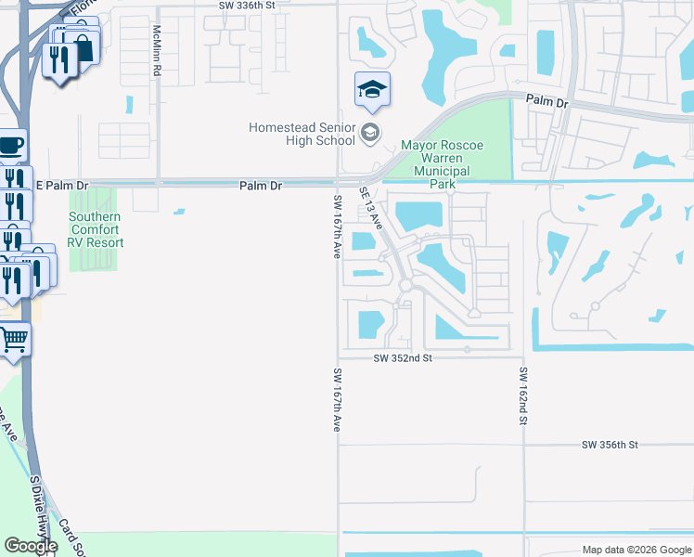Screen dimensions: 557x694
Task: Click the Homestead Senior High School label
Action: [302, 134]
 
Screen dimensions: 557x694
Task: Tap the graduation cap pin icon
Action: [372, 89]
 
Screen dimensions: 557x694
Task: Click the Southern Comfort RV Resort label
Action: [95, 229]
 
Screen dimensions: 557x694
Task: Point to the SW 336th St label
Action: [248, 5]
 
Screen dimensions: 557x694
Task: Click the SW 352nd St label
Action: [404, 357]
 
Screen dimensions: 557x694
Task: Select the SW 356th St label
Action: [610, 446]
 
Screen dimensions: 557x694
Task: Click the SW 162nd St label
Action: [523, 396]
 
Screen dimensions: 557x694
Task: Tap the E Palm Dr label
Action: [62, 186]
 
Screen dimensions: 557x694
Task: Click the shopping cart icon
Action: [13, 339]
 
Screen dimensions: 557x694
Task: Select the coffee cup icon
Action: [11, 145]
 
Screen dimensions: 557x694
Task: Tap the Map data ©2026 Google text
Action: [636, 550]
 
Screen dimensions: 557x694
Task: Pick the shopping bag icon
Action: [84, 47]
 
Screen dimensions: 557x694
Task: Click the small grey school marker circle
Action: [370, 134]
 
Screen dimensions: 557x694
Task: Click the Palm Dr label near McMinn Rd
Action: [260, 186]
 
